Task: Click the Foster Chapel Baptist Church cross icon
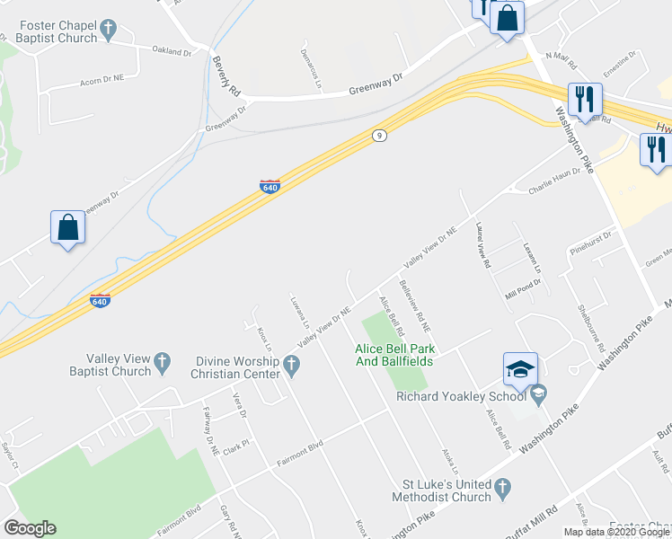click(x=109, y=31)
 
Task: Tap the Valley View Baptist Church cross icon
click(x=163, y=364)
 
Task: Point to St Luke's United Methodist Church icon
click(x=503, y=489)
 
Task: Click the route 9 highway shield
click(x=380, y=136)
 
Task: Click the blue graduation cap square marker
click(x=520, y=369)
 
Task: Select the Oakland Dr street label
click(x=172, y=52)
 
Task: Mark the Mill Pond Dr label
click(x=523, y=282)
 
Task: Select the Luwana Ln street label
click(x=299, y=308)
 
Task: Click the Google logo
click(x=30, y=528)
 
